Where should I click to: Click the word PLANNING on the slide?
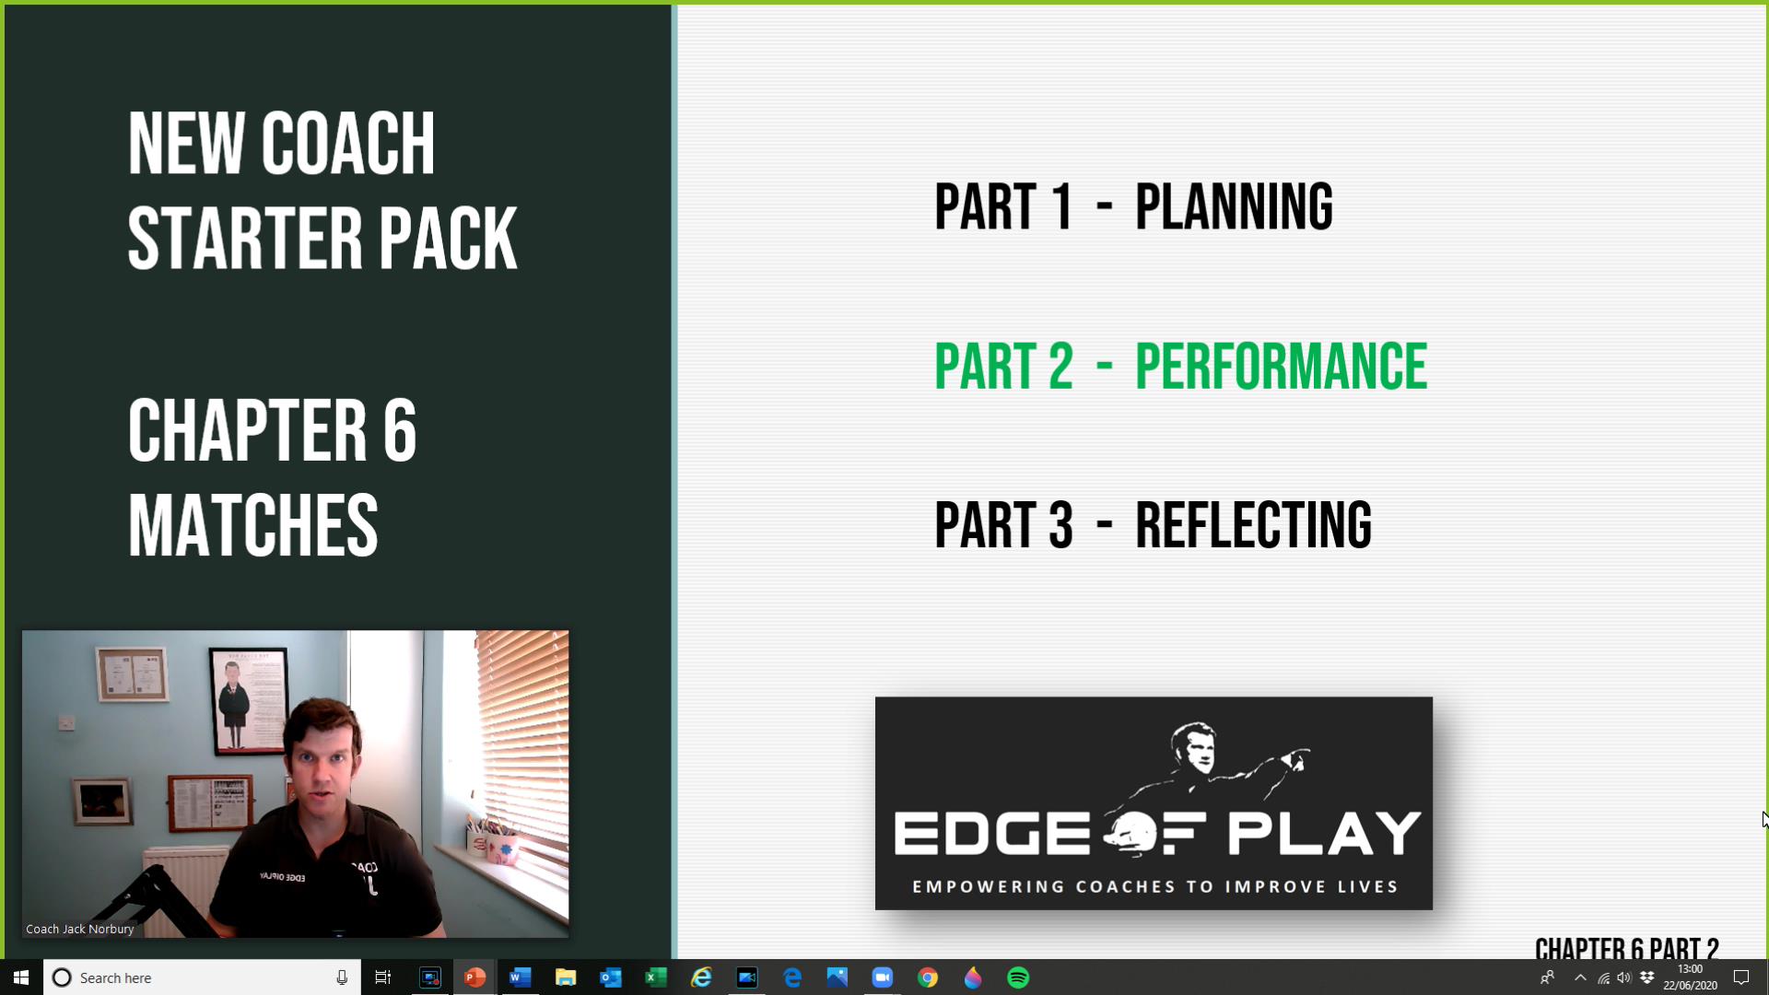[x=1233, y=206]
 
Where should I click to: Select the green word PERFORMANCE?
[x=1281, y=367]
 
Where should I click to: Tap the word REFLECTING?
[x=1253, y=525]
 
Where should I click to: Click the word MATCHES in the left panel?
[x=252, y=525]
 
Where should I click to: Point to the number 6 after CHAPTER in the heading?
[x=400, y=431]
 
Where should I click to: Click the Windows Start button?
[x=21, y=977]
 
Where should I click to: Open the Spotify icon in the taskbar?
[x=1018, y=977]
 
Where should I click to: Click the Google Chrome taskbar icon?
[x=928, y=977]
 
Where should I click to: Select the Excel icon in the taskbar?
[x=656, y=977]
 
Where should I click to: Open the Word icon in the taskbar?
[x=520, y=977]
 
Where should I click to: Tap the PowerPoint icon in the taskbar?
[x=474, y=977]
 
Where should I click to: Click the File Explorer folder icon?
[x=565, y=977]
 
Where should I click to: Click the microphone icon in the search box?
[x=342, y=977]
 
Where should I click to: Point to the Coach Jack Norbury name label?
[x=80, y=929]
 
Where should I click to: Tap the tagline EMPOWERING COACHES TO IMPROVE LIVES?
[x=1154, y=886]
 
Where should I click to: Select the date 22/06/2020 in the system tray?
[x=1690, y=985]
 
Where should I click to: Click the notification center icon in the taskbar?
[x=1741, y=977]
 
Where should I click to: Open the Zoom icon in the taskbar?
[x=882, y=977]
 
